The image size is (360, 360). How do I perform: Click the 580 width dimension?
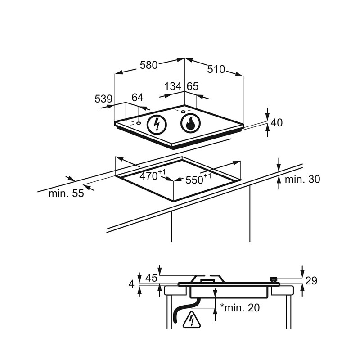click(x=149, y=65)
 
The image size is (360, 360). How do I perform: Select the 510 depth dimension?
click(x=216, y=69)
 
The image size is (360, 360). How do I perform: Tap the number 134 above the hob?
click(x=173, y=86)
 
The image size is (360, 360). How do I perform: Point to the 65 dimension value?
click(x=193, y=86)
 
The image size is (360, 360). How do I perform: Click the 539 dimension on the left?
click(x=103, y=99)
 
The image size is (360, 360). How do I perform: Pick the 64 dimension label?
click(x=137, y=98)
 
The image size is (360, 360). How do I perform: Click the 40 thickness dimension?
click(x=276, y=122)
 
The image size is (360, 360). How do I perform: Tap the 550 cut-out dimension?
click(x=198, y=179)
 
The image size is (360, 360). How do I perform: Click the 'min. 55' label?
click(x=66, y=193)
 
